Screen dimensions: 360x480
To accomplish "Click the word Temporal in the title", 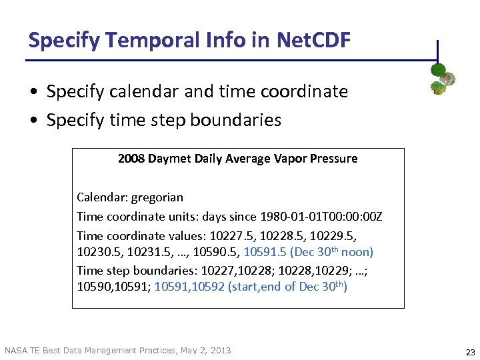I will tap(137, 41).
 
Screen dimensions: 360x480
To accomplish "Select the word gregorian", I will tap(157, 197).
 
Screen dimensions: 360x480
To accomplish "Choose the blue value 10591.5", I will tap(265, 252).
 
